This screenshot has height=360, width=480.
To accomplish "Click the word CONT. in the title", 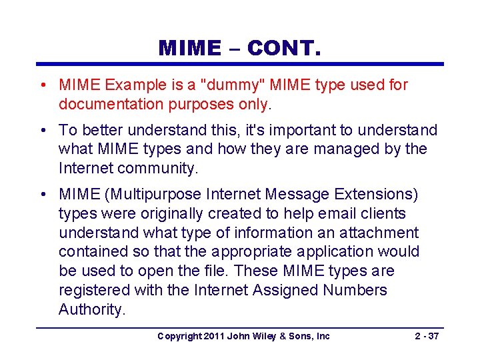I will pos(284,49).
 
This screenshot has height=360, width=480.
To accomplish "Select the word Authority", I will pos(92,310).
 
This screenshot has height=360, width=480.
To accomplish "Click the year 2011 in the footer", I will pos(213,336).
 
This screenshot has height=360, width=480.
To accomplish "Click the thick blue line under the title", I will pos(239,64).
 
